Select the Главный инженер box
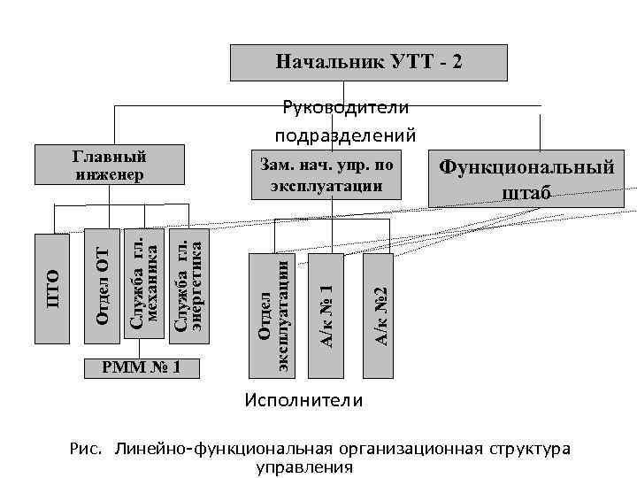pyautogui.click(x=109, y=166)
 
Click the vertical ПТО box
pyautogui.click(x=52, y=288)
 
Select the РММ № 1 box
pyautogui.click(x=142, y=366)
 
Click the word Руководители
pyautogui.click(x=345, y=108)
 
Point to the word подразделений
pyautogui.click(x=345, y=135)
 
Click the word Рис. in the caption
pyautogui.click(x=88, y=449)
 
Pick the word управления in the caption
pyautogui.click(x=303, y=466)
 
